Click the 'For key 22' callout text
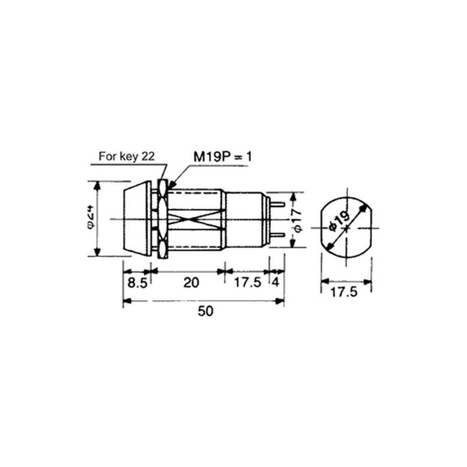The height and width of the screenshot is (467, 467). tap(127, 156)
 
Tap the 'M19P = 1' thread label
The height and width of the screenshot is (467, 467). tap(222, 156)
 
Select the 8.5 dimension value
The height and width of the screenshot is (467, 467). tap(137, 283)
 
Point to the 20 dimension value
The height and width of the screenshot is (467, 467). tap(191, 283)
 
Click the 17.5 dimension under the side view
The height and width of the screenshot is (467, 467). tap(248, 283)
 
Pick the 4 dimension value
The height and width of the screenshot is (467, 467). tap(276, 283)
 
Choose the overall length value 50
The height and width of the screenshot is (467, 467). tap(205, 311)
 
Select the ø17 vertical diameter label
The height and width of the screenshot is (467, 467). tap(298, 220)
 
